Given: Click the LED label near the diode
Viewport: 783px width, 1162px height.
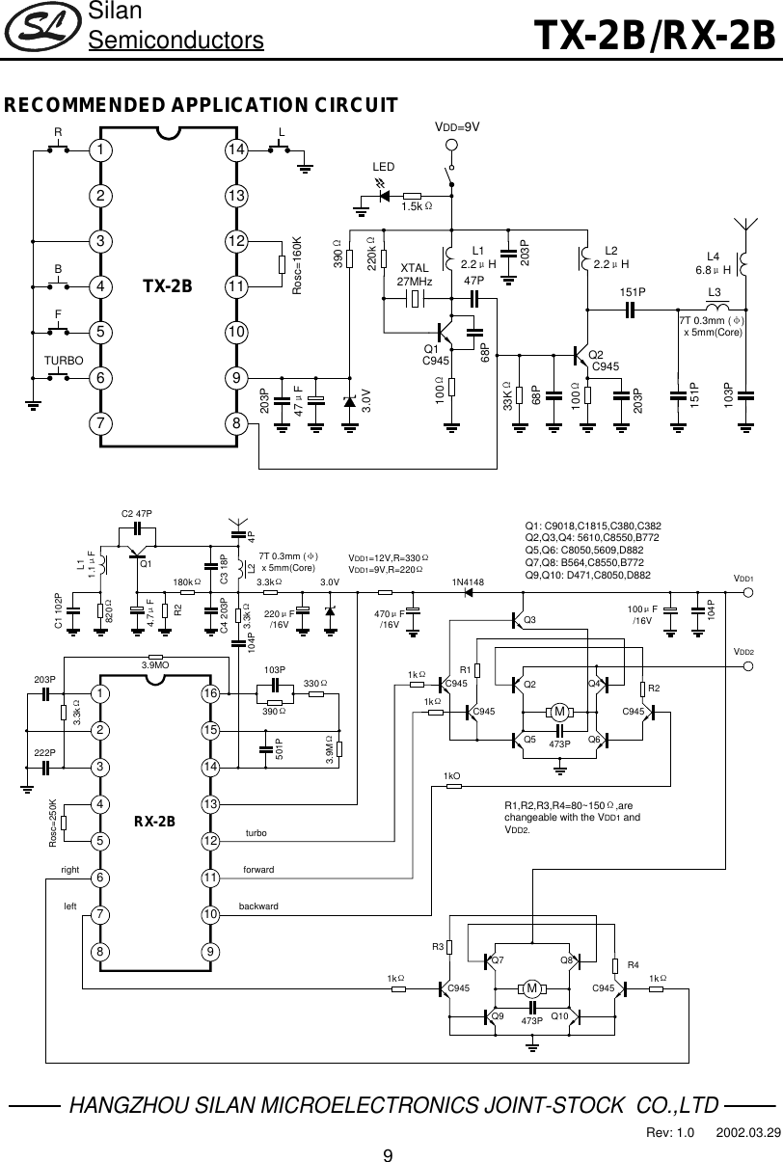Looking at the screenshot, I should pyautogui.click(x=384, y=167).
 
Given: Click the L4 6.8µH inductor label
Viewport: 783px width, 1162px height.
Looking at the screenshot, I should pyautogui.click(x=715, y=262).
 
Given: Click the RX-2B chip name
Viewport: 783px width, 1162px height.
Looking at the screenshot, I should pyautogui.click(x=154, y=822).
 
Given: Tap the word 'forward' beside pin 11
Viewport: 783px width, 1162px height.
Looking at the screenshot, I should pyautogui.click(x=259, y=870).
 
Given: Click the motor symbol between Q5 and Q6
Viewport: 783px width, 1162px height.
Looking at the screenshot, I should pyautogui.click(x=559, y=713).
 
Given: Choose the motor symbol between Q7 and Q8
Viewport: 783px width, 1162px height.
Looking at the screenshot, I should pyautogui.click(x=530, y=988).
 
